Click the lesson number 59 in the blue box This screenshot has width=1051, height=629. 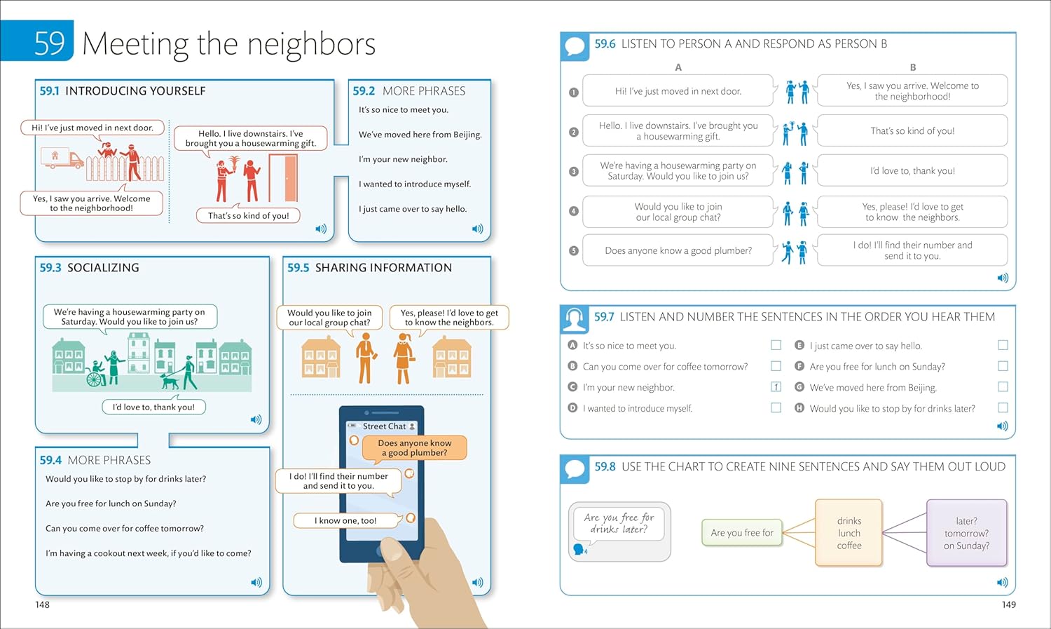click(50, 43)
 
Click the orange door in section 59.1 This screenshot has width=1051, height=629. click(283, 178)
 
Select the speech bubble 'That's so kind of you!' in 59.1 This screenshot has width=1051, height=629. click(248, 216)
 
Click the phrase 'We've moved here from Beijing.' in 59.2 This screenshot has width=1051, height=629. click(420, 135)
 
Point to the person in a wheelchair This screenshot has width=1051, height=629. click(95, 374)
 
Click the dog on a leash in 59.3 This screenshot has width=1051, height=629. click(170, 381)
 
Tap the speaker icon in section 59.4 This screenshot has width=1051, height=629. click(256, 582)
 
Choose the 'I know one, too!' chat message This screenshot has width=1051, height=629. click(345, 520)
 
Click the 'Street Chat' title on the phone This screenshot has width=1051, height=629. click(384, 426)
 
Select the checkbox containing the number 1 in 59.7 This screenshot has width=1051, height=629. click(776, 387)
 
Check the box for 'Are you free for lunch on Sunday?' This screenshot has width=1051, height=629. click(1003, 366)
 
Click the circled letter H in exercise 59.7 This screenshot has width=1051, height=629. click(799, 408)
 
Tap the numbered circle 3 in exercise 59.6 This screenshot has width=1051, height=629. click(574, 171)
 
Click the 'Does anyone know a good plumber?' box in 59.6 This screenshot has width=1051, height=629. click(678, 250)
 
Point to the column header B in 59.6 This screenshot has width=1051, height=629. click(912, 67)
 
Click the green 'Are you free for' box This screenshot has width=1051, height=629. click(742, 533)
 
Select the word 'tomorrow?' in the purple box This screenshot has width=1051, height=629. click(966, 533)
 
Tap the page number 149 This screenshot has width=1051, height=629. click(1008, 604)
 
